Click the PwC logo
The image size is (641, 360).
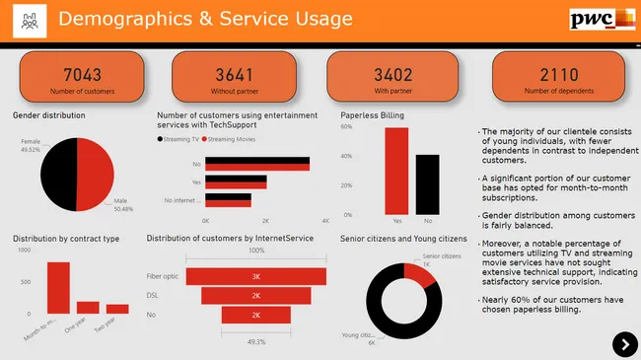[x=602, y=20]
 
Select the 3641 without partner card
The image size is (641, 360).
[x=234, y=79]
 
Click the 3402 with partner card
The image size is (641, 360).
[x=392, y=79]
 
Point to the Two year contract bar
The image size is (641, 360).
[x=117, y=309]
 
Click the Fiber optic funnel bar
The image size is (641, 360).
[x=255, y=277]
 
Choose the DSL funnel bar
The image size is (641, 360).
[x=255, y=295]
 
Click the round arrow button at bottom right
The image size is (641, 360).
[x=625, y=343]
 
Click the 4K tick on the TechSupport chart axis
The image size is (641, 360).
[x=324, y=220]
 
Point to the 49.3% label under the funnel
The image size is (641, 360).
[x=255, y=342]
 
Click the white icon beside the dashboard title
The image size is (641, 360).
[x=28, y=20]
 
